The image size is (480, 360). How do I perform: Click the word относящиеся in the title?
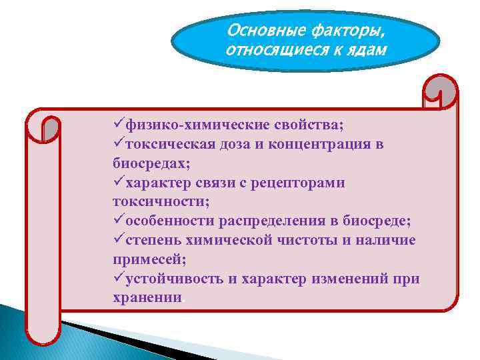pyautogui.click(x=274, y=51)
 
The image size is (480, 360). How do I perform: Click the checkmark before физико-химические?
pyautogui.click(x=119, y=125)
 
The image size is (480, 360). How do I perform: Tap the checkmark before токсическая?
pyautogui.click(x=119, y=144)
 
